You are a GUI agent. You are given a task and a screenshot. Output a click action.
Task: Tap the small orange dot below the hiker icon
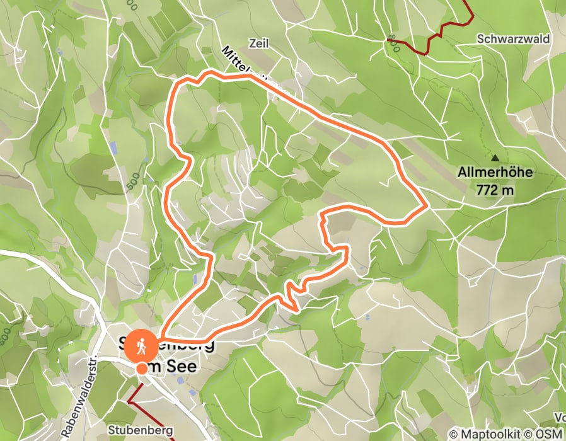[141, 368]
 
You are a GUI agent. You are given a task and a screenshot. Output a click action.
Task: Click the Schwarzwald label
[513, 39]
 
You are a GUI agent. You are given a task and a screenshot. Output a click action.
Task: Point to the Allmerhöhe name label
[495, 171]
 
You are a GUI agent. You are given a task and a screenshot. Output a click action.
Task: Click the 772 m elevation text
[495, 188]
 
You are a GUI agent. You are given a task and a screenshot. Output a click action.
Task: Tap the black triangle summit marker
[495, 157]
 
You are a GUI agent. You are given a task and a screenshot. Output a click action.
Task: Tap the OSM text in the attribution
[550, 434]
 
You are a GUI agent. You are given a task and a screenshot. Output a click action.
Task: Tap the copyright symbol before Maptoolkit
[453, 434]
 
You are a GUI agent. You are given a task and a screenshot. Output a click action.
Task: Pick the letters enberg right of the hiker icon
[189, 344]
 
